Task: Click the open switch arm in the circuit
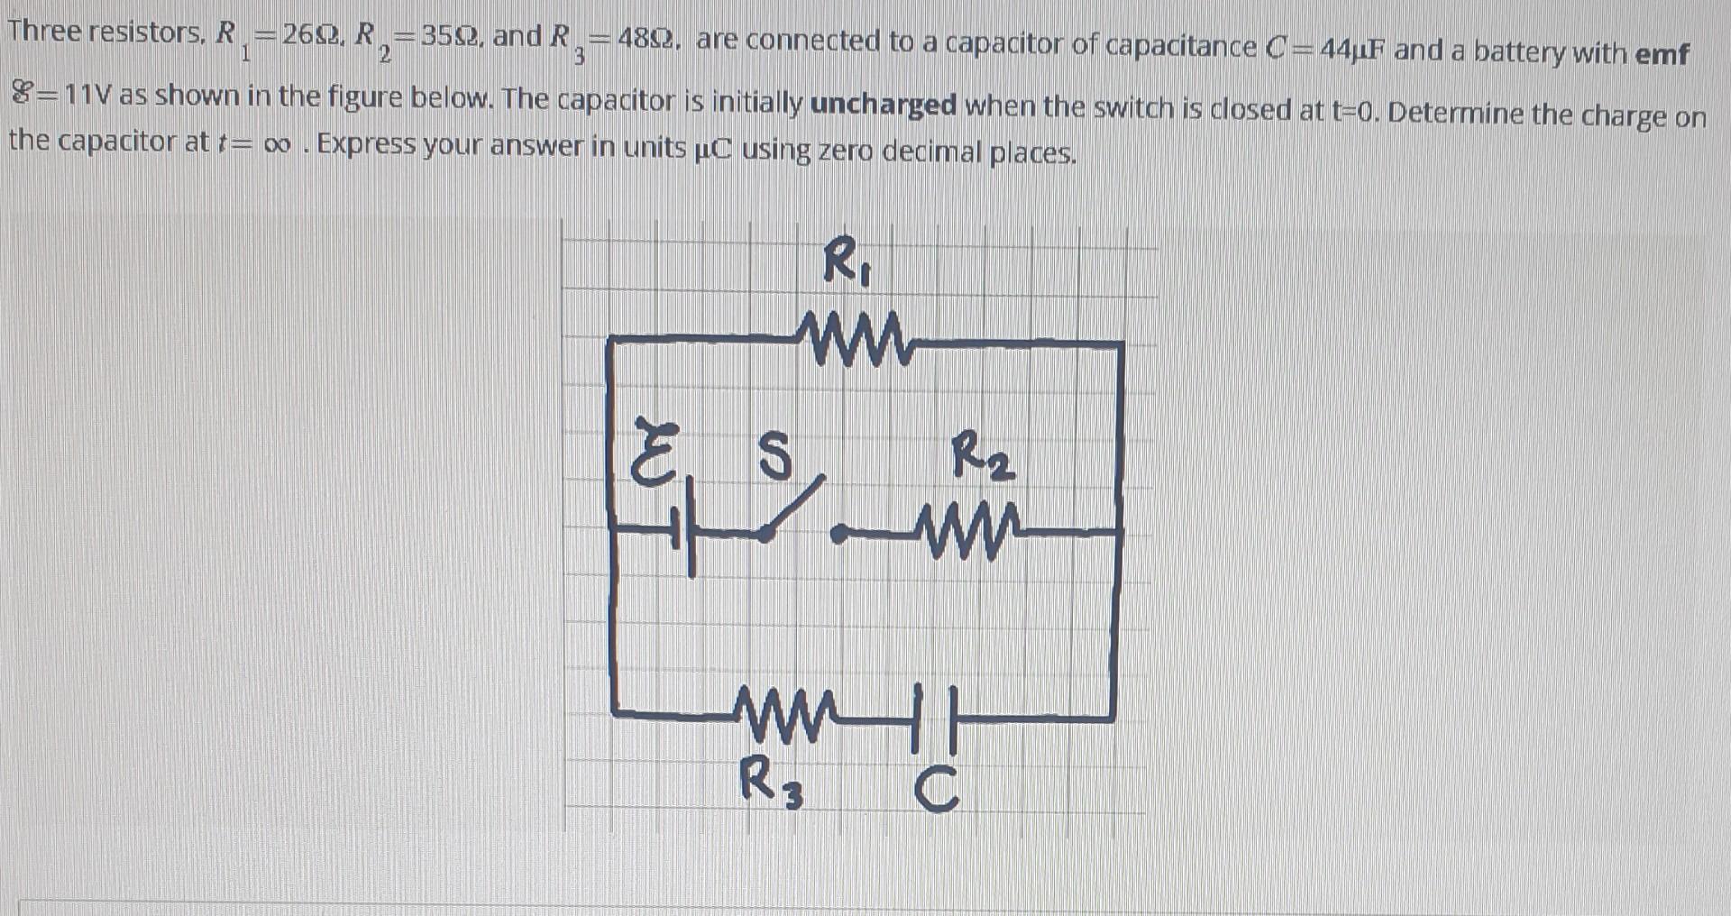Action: (793, 510)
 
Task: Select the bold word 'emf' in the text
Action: (1662, 54)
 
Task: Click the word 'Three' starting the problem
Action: (44, 32)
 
